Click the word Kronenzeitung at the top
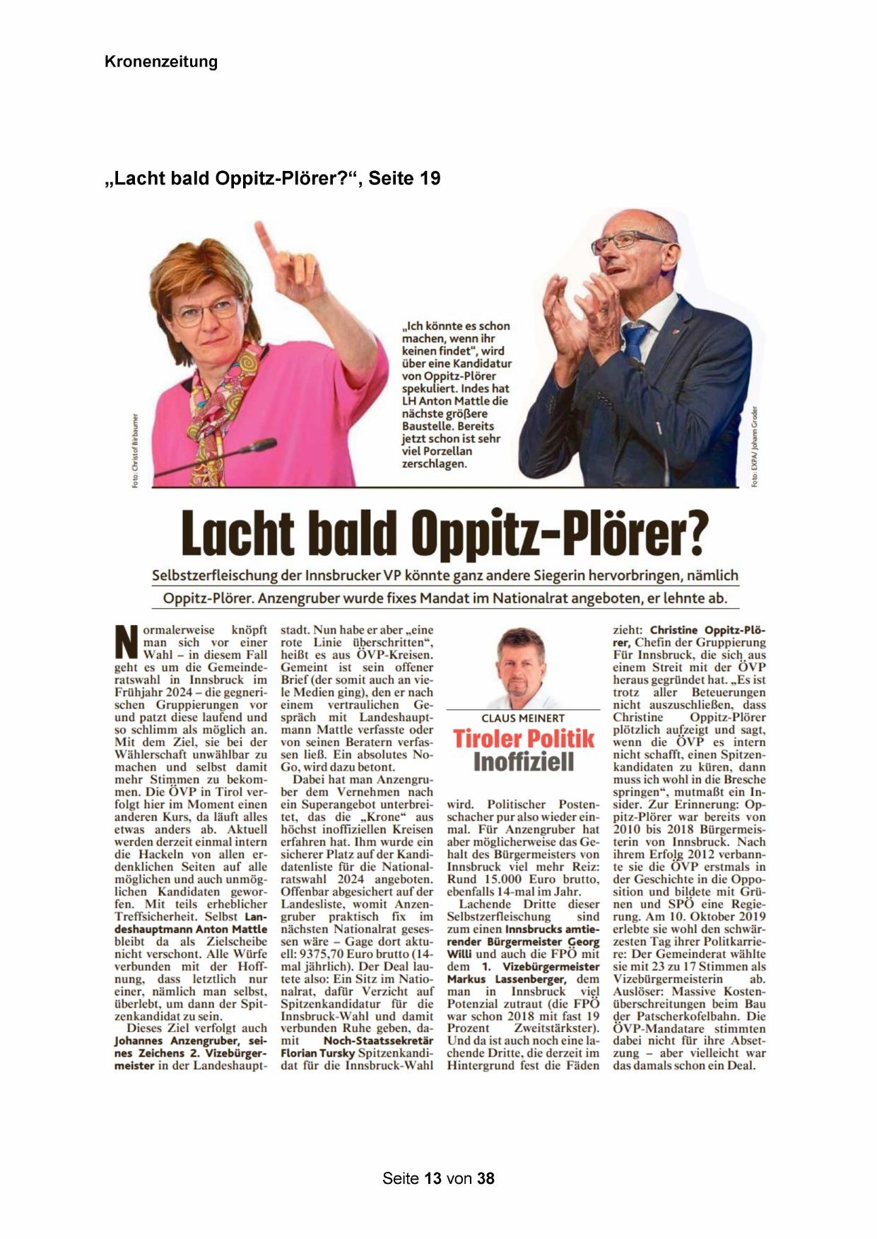[161, 62]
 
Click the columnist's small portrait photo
[522, 668]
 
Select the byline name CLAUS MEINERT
[523, 718]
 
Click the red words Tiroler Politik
[524, 739]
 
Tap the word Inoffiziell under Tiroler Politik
[524, 762]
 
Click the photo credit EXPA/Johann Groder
[755, 446]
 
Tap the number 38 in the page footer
[485, 1178]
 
